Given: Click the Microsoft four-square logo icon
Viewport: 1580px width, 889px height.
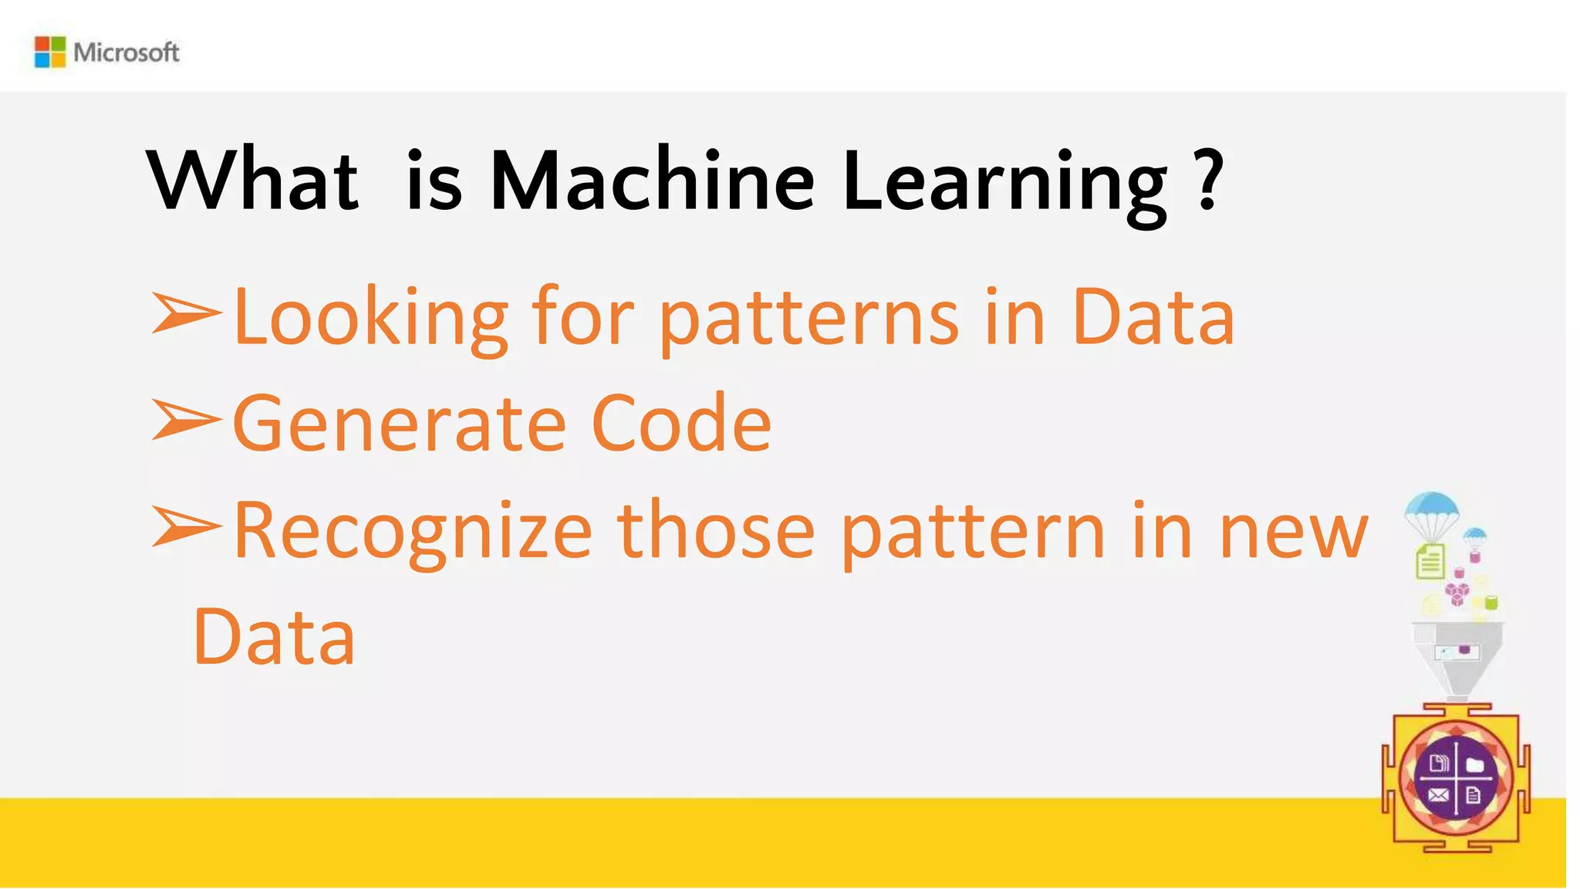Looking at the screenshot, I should pos(50,52).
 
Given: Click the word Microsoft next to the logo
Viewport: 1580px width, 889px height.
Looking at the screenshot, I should pos(127,52).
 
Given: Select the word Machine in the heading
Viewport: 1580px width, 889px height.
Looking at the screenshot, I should pos(652,181).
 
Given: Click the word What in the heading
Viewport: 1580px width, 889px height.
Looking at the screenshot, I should pos(253,181).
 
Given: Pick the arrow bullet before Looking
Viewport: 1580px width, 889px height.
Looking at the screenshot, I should pos(186,313).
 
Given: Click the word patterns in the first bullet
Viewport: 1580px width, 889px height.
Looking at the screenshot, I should pos(809,319).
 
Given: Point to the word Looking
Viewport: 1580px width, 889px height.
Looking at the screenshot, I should pos(370,319).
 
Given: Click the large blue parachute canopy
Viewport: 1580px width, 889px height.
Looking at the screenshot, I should pos(1432,506).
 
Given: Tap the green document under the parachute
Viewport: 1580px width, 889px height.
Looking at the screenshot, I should pos(1430,561).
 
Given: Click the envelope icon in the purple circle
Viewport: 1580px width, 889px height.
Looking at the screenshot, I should pos(1438,795).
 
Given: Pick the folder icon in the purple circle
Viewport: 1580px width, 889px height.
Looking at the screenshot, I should pos(1474,765).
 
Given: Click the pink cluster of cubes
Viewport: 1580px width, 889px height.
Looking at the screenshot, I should pos(1457,593).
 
